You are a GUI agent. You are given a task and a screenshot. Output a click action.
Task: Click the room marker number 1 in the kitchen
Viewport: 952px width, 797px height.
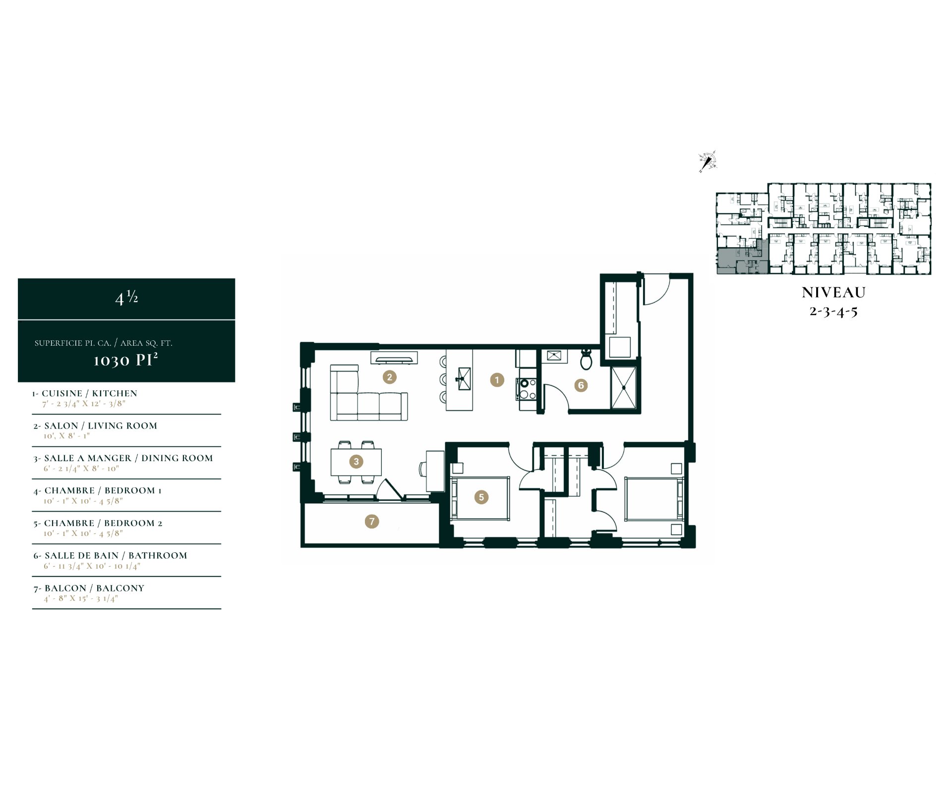(497, 380)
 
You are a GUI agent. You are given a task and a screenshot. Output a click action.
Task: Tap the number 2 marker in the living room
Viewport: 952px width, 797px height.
(389, 377)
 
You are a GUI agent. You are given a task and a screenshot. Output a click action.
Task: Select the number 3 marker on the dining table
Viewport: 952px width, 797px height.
(356, 462)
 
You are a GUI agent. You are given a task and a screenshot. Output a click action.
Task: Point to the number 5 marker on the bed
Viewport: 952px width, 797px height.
(481, 497)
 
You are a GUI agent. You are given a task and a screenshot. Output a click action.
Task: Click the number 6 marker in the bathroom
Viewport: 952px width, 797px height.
(581, 385)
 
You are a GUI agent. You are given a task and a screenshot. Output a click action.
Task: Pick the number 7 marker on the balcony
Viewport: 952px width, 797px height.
(372, 521)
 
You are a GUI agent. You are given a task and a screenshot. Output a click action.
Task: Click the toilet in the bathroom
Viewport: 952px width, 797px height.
(586, 359)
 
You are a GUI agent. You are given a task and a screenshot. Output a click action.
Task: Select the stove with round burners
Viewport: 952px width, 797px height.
(526, 389)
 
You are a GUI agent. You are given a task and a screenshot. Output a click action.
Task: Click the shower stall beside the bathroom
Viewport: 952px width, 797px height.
(623, 388)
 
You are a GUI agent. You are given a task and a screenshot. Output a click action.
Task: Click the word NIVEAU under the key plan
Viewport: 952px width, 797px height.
(833, 293)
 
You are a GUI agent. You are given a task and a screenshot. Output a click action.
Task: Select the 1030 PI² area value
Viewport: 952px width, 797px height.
(126, 359)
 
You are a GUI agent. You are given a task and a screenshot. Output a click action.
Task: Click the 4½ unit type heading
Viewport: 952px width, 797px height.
(126, 297)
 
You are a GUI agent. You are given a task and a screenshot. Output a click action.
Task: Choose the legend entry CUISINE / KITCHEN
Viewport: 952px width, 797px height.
(85, 393)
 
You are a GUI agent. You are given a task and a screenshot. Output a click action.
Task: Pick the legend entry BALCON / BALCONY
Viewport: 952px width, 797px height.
(89, 588)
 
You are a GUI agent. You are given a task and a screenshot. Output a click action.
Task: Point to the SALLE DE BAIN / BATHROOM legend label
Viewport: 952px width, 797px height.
(111, 556)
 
